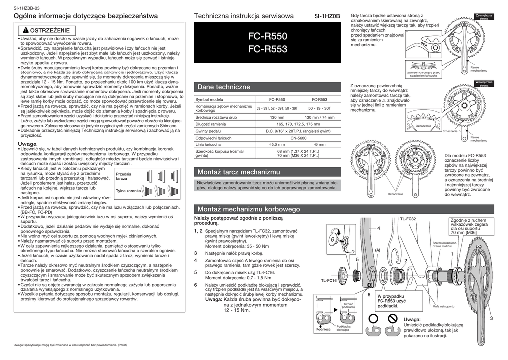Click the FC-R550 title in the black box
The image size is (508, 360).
(267, 37)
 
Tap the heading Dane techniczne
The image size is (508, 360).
(217, 87)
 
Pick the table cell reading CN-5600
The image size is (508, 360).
(298, 138)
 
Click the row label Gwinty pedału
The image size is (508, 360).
(208, 131)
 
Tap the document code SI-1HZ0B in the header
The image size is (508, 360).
(327, 17)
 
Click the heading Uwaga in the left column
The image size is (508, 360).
(27, 144)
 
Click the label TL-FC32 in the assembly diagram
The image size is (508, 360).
(407, 219)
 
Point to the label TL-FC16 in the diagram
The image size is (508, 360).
(328, 280)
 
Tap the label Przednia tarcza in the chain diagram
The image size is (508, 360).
(124, 176)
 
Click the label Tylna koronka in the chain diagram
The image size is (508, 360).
(128, 191)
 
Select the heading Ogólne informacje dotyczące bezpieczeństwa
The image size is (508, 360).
(86, 17)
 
